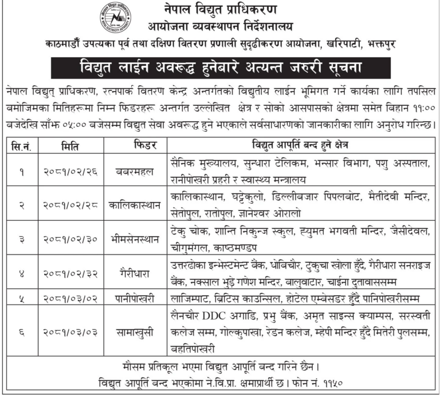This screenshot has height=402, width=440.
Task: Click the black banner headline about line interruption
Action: coord(220,67)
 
